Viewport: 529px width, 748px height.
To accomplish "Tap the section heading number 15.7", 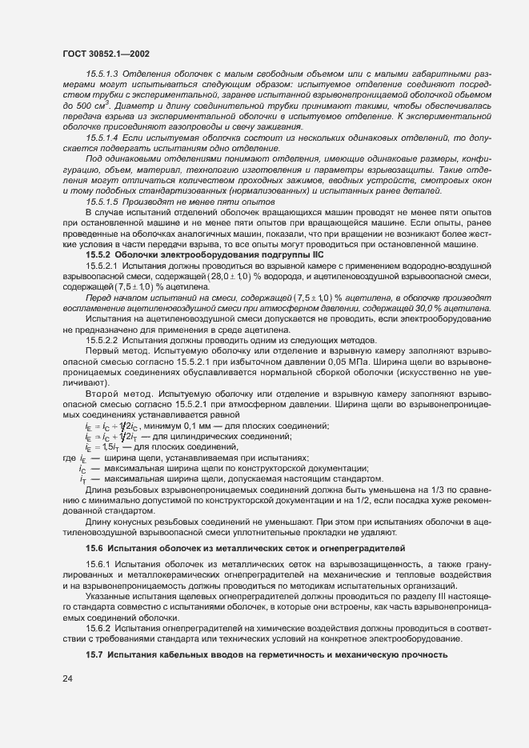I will (95, 655).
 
